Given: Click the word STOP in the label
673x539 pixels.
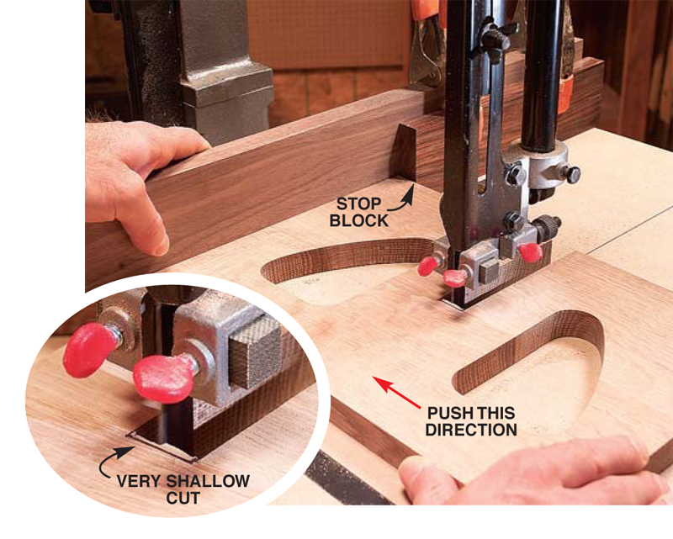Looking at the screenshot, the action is tap(358, 203).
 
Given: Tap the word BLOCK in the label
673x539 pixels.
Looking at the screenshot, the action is tap(358, 220).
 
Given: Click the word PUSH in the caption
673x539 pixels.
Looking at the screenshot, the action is tap(448, 413).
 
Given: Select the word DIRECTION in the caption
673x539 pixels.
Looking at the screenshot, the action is tap(471, 430).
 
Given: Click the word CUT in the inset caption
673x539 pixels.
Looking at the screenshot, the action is tap(183, 498).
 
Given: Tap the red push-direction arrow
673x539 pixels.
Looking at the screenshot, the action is tap(396, 392).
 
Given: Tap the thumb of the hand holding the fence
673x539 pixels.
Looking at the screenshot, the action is tap(153, 227).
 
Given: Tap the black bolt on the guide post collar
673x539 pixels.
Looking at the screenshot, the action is tap(571, 174).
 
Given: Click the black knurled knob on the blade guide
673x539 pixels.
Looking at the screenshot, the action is tap(548, 226).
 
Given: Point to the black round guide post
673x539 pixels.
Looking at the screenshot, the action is tap(542, 73).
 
